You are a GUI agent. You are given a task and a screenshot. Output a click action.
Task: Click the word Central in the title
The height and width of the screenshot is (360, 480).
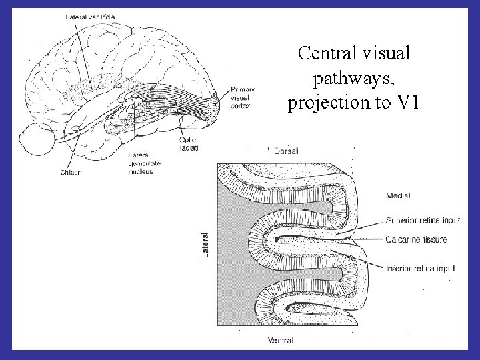(x=323, y=53)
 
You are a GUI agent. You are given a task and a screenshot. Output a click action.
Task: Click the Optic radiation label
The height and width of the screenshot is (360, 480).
(x=189, y=143)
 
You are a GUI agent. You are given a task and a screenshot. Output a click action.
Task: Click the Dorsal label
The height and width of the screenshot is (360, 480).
(x=287, y=151)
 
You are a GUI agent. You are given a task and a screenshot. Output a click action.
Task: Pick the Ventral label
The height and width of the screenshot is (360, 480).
(x=281, y=340)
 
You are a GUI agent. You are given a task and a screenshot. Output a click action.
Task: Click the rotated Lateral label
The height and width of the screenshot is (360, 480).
(x=206, y=245)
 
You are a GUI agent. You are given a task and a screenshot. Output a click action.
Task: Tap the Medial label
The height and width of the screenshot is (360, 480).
(x=398, y=195)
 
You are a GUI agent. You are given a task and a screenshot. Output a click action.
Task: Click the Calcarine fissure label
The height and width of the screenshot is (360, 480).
(x=416, y=239)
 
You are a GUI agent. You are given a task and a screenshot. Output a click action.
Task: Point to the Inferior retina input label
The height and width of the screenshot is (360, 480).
(x=420, y=268)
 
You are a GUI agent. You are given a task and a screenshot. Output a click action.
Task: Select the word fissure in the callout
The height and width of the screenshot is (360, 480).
(x=433, y=239)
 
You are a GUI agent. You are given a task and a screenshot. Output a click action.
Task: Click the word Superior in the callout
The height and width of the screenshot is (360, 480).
(x=401, y=219)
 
